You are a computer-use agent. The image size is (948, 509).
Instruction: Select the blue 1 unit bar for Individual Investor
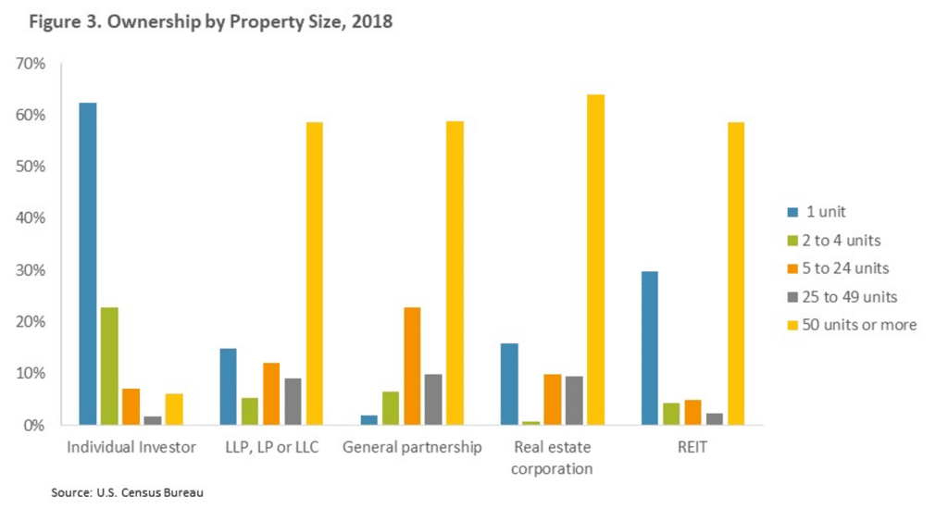[88, 264]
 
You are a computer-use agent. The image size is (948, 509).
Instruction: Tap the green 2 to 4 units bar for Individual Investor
[109, 366]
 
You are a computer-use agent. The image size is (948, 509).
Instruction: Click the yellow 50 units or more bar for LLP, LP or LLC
[314, 273]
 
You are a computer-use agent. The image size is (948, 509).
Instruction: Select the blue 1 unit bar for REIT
[650, 348]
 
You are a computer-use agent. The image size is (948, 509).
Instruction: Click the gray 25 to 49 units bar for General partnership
[432, 399]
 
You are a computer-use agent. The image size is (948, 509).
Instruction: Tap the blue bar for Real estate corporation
[508, 384]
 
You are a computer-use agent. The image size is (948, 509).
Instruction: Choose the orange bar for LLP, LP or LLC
[271, 393]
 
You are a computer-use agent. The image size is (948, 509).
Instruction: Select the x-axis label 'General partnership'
[412, 448]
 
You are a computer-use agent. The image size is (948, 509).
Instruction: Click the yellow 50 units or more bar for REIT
[735, 273]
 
